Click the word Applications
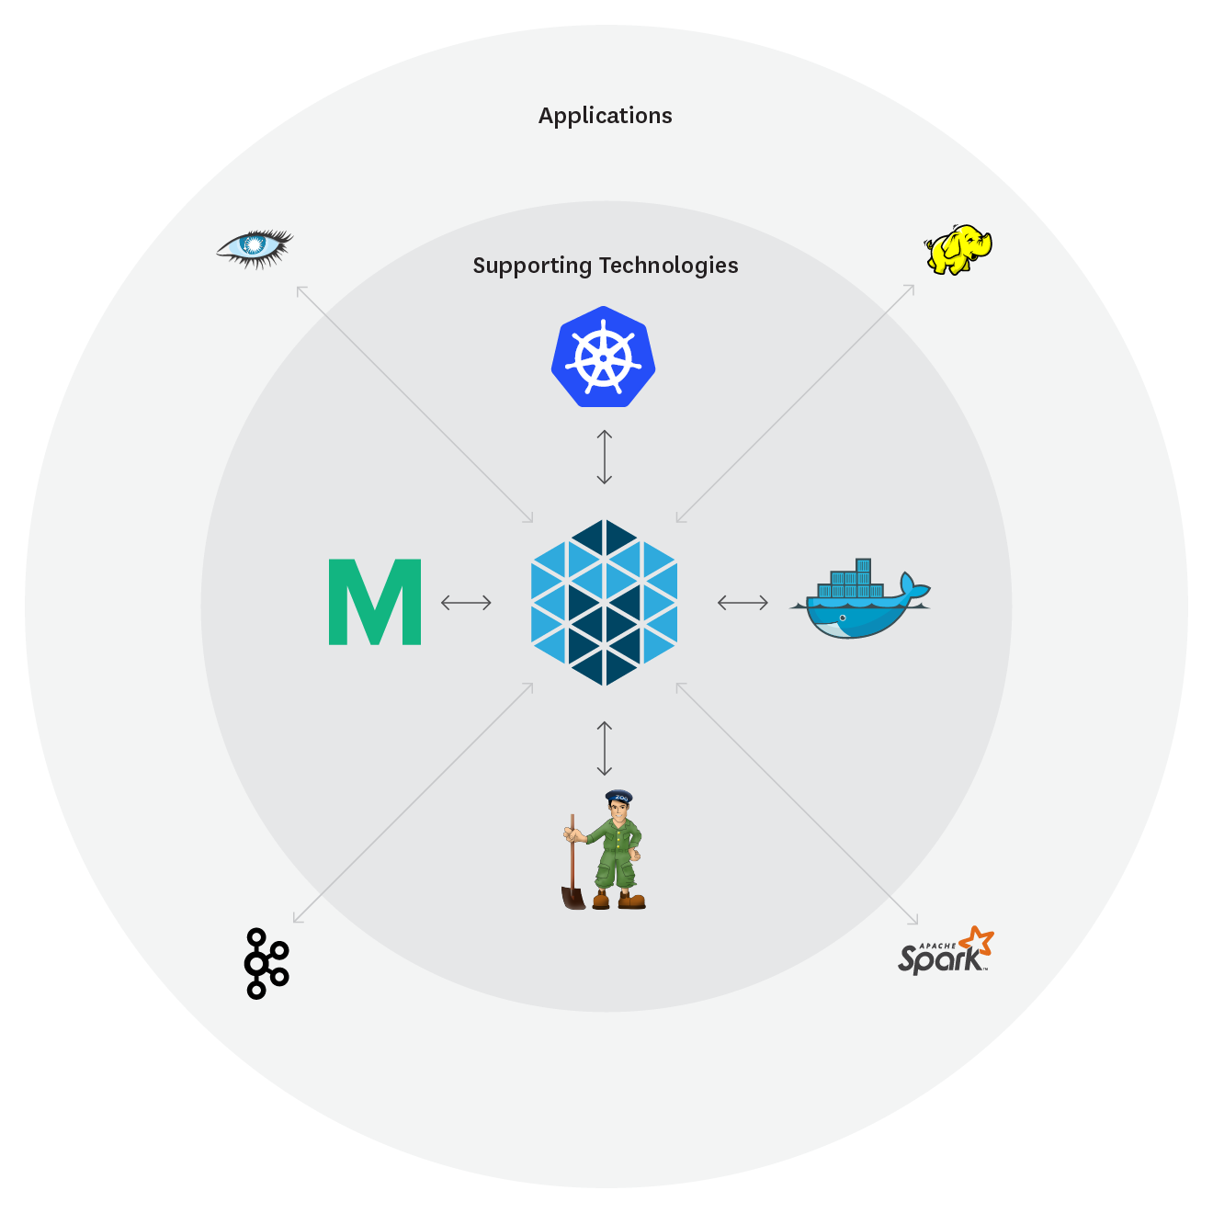(605, 116)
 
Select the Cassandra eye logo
(255, 247)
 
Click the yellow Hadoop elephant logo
(958, 249)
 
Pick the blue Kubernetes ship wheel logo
(603, 357)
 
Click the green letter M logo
(375, 602)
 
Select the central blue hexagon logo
(604, 603)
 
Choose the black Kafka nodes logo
(266, 963)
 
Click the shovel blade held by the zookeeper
(573, 896)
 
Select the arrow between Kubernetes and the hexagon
(604, 457)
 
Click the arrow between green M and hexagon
(466, 603)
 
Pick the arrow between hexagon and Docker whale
(743, 603)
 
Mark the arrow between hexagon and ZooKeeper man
(604, 748)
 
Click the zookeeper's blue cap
(618, 796)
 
